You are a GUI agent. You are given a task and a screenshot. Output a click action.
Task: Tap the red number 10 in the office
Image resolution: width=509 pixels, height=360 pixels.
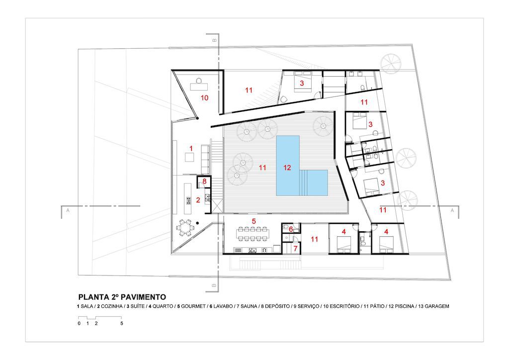pyautogui.click(x=204, y=98)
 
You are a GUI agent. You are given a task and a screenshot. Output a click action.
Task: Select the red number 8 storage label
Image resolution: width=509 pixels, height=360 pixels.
pyautogui.click(x=204, y=181)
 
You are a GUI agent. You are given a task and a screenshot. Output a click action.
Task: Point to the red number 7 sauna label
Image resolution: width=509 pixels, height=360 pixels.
pyautogui.click(x=295, y=249)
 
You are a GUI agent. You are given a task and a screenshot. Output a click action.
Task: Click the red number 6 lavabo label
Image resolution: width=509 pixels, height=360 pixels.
pyautogui.click(x=291, y=229)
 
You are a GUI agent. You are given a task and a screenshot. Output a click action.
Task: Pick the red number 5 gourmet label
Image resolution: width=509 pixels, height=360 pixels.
pyautogui.click(x=254, y=221)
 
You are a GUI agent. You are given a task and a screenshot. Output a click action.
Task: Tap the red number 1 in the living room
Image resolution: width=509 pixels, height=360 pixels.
pyautogui.click(x=191, y=148)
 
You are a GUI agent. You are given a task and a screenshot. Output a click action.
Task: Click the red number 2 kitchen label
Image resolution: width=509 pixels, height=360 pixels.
pyautogui.click(x=198, y=200)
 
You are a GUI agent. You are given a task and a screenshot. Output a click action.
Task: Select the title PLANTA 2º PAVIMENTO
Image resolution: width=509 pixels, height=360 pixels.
pyautogui.click(x=122, y=297)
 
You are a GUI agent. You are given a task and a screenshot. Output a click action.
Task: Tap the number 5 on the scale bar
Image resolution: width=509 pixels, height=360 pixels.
pyautogui.click(x=122, y=323)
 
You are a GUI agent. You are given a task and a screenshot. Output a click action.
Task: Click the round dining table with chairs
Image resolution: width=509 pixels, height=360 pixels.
pyautogui.click(x=184, y=228)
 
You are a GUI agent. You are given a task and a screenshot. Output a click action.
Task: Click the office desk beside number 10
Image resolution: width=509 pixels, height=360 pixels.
pyautogui.click(x=199, y=87)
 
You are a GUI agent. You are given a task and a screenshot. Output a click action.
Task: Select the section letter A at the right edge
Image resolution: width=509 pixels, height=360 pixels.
pyautogui.click(x=452, y=210)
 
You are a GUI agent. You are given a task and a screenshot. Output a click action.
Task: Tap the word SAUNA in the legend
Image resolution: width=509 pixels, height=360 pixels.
pyautogui.click(x=249, y=306)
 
